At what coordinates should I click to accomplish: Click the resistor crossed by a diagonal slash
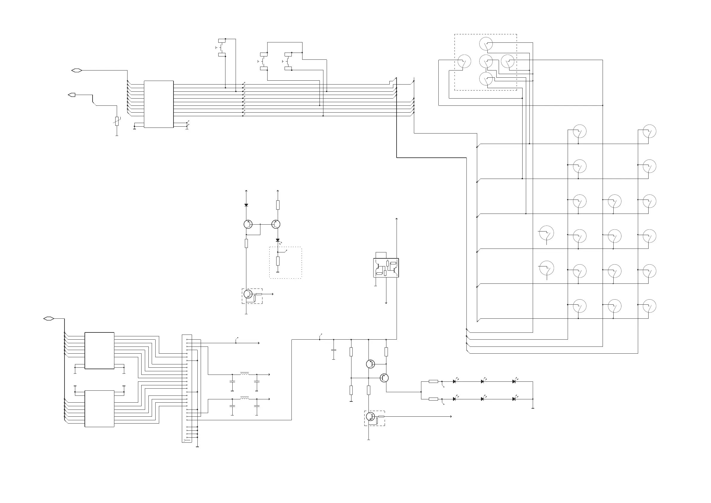117,121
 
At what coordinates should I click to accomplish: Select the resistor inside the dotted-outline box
278,261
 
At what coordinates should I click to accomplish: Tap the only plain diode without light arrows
246,205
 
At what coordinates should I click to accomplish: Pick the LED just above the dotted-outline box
278,240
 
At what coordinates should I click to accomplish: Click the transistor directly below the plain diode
248,224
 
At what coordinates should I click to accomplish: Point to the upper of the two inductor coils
244,374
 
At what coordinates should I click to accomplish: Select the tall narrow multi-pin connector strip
187,388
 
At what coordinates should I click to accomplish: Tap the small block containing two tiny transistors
386,268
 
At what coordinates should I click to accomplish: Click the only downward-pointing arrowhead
386,303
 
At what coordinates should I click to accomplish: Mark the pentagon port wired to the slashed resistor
72,95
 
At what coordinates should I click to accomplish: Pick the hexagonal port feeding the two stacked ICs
49,318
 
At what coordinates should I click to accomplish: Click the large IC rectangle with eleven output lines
159,104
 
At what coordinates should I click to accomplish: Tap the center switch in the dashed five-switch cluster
486,61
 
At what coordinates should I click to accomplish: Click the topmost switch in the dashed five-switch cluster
486,44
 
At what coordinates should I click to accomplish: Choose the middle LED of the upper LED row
483,382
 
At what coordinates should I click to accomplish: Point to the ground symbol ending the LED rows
533,408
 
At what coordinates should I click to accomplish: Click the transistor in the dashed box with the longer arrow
370,416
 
